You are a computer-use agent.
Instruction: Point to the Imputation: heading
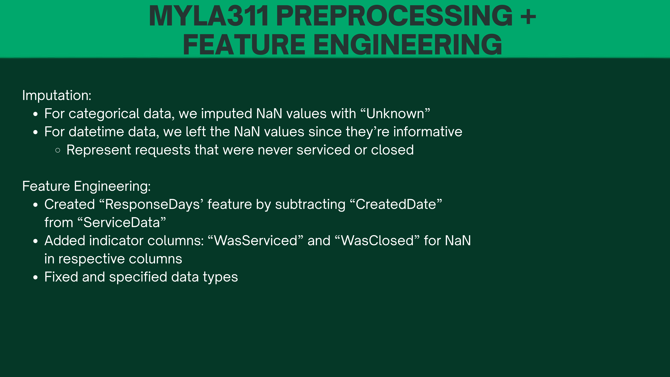(57, 95)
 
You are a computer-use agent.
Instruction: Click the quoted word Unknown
(395, 114)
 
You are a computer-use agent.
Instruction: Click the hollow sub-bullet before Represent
(58, 150)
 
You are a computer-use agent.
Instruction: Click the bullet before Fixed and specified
(36, 277)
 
